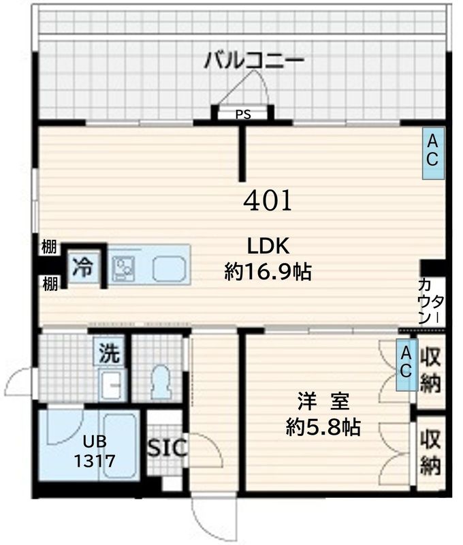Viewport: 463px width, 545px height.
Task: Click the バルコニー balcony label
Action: (253, 60)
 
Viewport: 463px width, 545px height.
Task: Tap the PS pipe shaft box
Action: (243, 114)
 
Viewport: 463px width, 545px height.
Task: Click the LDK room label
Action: (268, 245)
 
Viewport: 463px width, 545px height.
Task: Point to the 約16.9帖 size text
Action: (268, 272)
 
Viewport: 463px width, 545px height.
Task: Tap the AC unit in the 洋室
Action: (406, 364)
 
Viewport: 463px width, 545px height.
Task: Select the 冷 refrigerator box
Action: (82, 266)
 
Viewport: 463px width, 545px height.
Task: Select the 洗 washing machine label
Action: (109, 353)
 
